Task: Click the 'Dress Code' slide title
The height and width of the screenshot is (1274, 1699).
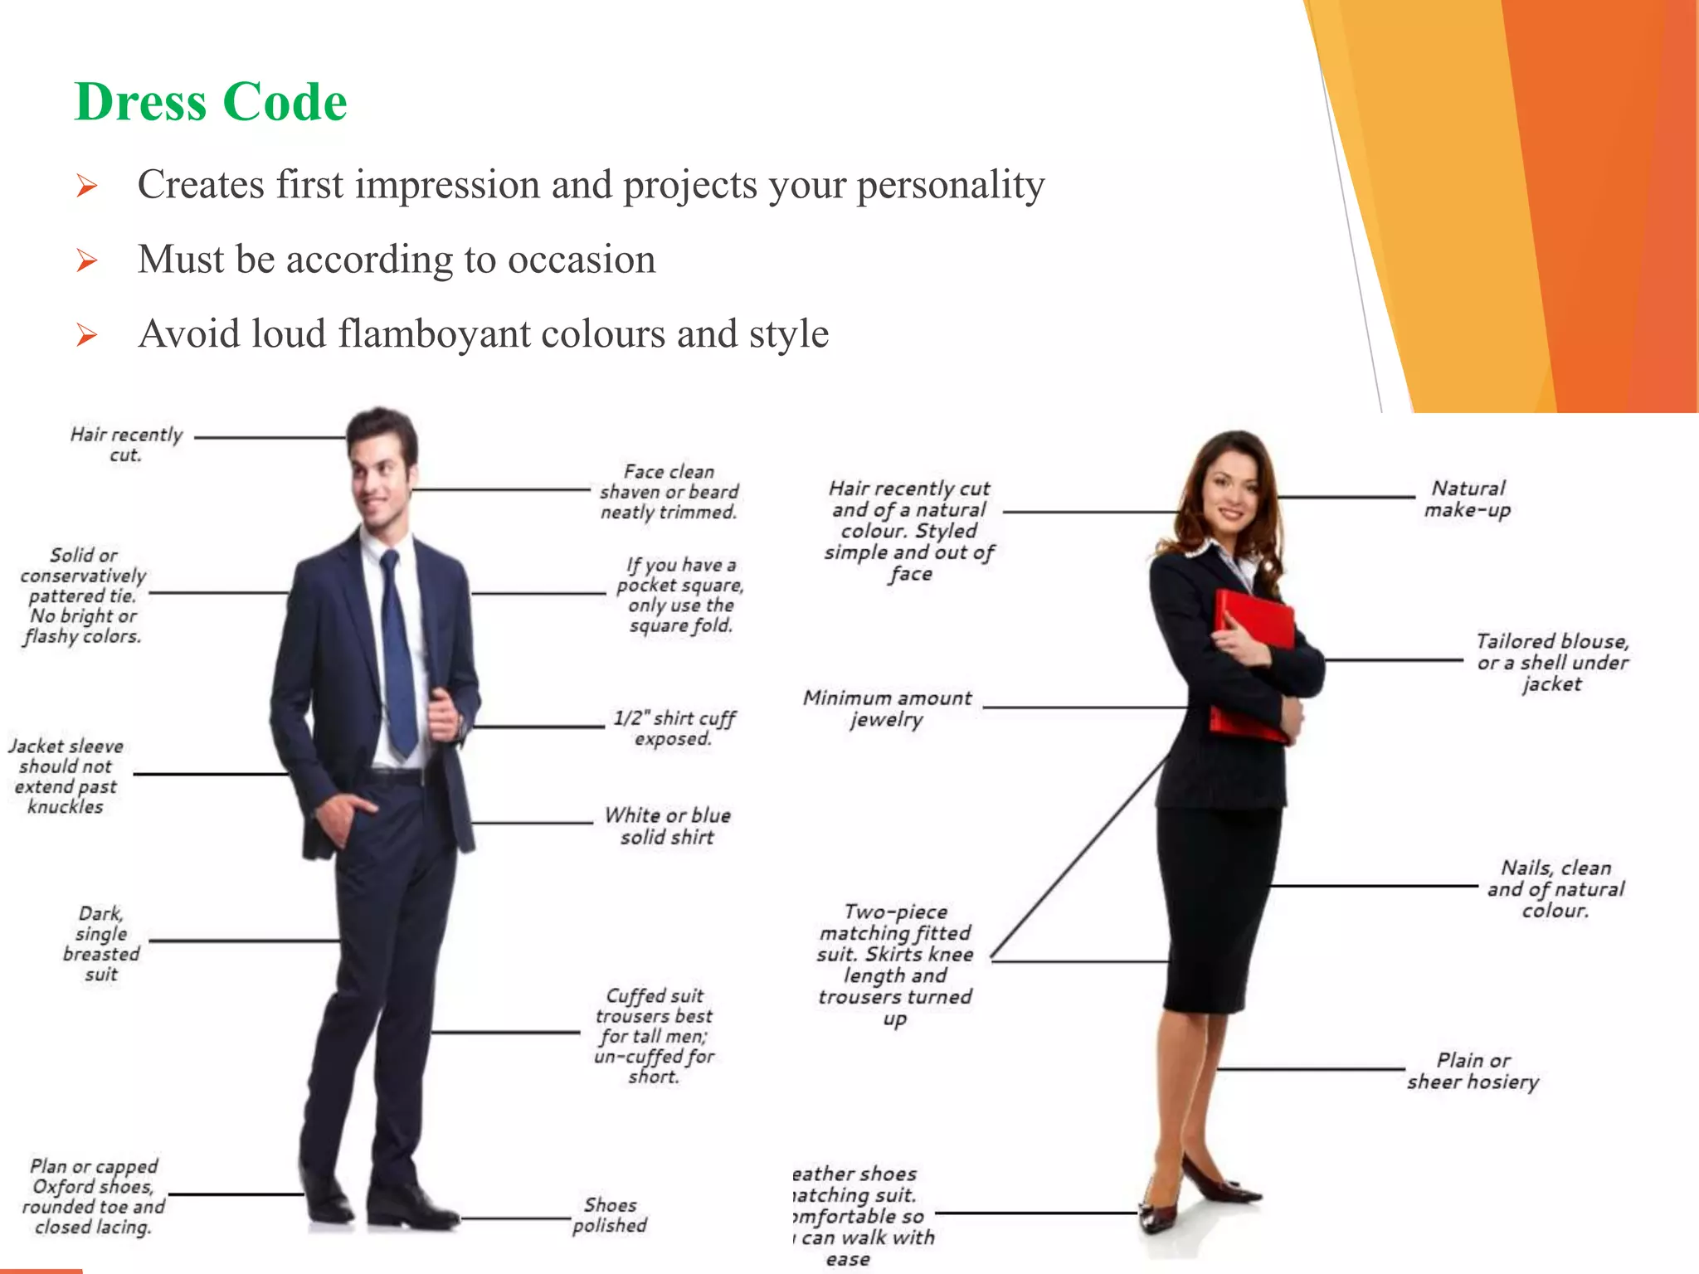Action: click(211, 102)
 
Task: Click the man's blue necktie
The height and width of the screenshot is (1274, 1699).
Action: click(397, 655)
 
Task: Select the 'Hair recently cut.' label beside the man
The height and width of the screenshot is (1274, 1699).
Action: click(126, 445)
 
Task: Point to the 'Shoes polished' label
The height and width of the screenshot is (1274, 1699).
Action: click(611, 1215)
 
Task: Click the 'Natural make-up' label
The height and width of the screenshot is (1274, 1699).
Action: click(1468, 498)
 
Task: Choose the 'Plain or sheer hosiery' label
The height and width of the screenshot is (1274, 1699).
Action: click(1473, 1071)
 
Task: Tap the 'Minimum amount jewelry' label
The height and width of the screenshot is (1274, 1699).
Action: click(887, 708)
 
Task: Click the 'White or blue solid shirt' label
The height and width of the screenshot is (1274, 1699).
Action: click(668, 826)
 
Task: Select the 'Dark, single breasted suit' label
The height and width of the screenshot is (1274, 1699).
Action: click(101, 944)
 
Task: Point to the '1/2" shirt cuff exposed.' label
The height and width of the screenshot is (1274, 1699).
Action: click(674, 728)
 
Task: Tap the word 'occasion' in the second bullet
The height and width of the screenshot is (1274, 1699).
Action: click(582, 259)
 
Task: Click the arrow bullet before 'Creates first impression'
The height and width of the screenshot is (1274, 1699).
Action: click(87, 186)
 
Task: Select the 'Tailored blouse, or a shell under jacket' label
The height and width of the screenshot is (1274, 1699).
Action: click(1552, 662)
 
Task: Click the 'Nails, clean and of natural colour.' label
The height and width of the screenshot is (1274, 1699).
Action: click(1555, 889)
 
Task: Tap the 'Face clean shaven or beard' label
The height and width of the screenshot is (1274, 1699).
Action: click(669, 492)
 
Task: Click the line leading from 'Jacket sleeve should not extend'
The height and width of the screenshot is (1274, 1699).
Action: click(211, 774)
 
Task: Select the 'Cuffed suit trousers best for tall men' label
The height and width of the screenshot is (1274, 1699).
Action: click(655, 1035)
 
